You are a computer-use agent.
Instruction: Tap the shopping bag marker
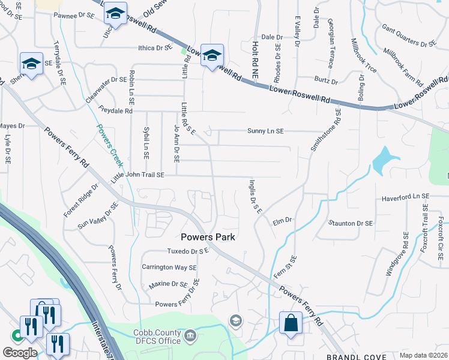pyautogui.click(x=291, y=323)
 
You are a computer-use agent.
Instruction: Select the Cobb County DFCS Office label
pyautogui.click(x=153, y=337)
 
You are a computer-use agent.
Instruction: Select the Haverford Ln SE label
pyautogui.click(x=405, y=197)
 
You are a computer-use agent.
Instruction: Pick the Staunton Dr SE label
pyautogui.click(x=351, y=223)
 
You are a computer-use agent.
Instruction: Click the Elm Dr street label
pyautogui.click(x=282, y=220)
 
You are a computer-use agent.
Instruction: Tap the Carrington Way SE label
pyautogui.click(x=169, y=267)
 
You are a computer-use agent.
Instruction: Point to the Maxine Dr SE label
pyautogui.click(x=164, y=284)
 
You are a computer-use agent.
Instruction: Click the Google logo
pyautogui.click(x=20, y=352)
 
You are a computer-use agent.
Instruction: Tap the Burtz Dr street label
pyautogui.click(x=326, y=80)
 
